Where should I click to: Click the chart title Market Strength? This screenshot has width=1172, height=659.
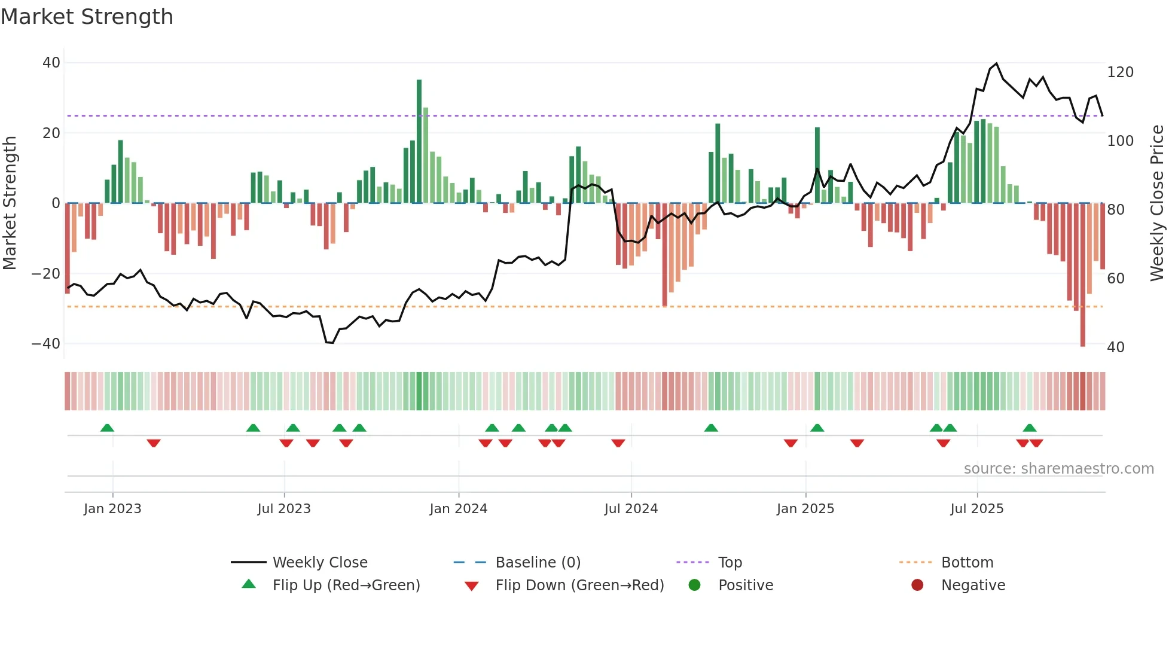tap(87, 17)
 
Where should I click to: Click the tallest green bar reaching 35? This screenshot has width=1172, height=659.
tap(419, 141)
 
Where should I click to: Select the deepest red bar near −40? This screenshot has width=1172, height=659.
tap(1082, 275)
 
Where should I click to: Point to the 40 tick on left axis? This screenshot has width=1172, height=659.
tap(51, 63)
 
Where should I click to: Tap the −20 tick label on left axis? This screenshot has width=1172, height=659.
tap(46, 274)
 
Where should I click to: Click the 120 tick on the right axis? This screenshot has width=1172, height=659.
tap(1120, 72)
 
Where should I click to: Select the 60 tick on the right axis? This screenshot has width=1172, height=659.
tap(1116, 279)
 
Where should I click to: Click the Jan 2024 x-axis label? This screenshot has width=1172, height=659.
tap(459, 509)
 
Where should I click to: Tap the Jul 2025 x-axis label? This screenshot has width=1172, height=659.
tap(977, 509)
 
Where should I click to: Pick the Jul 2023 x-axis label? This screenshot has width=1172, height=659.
tap(284, 509)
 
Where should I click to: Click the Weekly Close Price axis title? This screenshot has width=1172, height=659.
tap(1158, 203)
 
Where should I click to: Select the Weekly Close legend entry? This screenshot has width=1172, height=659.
tap(319, 563)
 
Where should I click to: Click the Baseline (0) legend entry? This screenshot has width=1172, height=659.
tap(538, 563)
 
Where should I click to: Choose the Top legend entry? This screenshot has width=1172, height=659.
tap(730, 563)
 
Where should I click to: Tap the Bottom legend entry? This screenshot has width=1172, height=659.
tap(967, 563)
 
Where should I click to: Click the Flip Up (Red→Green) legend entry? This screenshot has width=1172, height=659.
tap(346, 585)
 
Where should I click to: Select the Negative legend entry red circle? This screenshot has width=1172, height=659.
tap(917, 585)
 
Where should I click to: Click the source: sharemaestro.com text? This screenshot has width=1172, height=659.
tap(1058, 469)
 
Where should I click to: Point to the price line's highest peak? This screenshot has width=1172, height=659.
tap(996, 64)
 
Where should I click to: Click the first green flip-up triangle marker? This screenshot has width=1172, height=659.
tap(107, 428)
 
